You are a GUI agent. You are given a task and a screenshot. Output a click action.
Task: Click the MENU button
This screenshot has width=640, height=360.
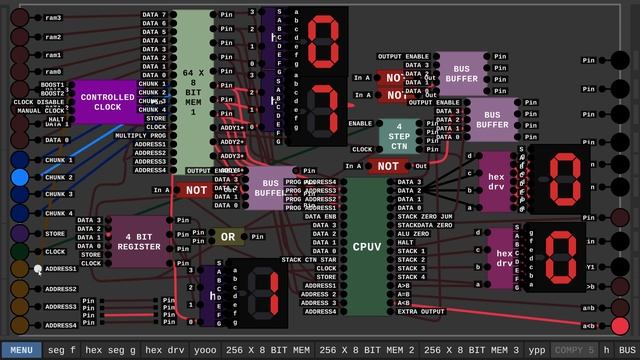click(21, 351)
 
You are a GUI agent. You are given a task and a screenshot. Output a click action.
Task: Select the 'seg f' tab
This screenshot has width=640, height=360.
click(61, 351)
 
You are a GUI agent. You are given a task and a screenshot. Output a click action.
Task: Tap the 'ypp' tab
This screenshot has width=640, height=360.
click(537, 351)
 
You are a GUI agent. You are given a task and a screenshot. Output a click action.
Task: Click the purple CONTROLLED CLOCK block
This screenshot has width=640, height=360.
click(108, 102)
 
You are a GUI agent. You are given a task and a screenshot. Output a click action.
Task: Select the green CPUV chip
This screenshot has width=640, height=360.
click(366, 245)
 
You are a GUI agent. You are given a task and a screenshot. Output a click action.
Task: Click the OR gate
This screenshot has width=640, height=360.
click(229, 237)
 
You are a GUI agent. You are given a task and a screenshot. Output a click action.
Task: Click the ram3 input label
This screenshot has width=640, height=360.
click(53, 18)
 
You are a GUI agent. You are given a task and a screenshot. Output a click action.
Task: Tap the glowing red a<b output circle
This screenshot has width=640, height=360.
click(620, 326)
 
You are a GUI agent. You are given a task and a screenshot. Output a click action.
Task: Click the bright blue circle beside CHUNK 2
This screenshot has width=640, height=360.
click(20, 177)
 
